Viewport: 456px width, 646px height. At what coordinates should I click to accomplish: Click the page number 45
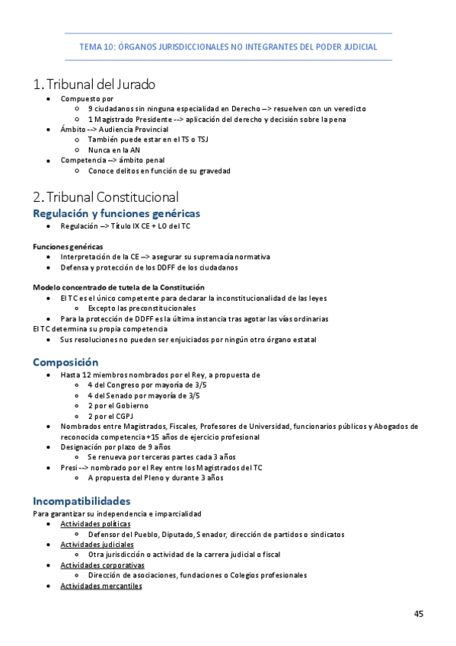(x=419, y=614)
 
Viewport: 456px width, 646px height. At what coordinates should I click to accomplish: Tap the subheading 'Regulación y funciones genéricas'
(x=116, y=213)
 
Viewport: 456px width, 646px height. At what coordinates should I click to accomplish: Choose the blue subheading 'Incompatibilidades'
(x=81, y=501)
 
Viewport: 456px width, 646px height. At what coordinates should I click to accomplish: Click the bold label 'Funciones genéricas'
(x=68, y=247)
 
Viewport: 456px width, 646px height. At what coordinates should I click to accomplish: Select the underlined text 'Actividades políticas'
(x=95, y=524)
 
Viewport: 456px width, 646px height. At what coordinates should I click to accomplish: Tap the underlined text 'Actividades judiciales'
(x=97, y=545)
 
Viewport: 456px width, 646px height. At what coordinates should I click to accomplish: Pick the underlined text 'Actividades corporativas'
(x=102, y=565)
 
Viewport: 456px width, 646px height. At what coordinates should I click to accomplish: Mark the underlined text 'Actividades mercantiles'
(x=101, y=586)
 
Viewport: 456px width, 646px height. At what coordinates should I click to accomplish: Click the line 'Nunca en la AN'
(x=114, y=150)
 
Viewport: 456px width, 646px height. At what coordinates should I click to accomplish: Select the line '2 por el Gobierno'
(x=120, y=406)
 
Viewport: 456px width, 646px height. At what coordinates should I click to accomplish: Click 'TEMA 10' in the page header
(x=96, y=46)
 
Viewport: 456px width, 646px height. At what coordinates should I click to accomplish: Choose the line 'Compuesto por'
(x=87, y=99)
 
